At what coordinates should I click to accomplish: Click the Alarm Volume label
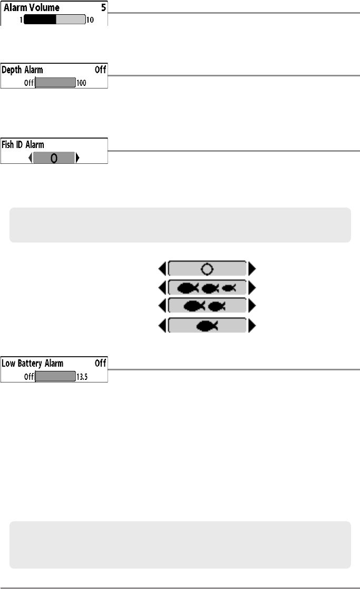pos(32,8)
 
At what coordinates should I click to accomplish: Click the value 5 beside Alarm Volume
pos(103,8)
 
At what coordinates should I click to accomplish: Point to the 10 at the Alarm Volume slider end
pos(90,21)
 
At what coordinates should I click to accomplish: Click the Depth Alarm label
pos(23,70)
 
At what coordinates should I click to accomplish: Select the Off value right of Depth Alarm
pos(100,70)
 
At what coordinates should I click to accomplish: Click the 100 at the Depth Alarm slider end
pos(81,83)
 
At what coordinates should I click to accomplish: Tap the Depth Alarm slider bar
pos(55,83)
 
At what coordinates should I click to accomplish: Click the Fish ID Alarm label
pos(22,144)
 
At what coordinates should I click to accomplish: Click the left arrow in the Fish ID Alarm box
pos(30,158)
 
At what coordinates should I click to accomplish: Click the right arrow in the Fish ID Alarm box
pos(78,158)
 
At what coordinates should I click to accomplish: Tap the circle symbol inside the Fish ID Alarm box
pos(54,158)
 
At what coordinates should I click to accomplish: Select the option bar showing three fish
pos(207,288)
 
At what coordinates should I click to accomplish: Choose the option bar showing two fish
pos(207,306)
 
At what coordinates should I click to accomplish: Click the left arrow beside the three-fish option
pos(162,288)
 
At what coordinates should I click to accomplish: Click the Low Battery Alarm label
pos(32,363)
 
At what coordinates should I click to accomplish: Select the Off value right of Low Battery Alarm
pos(100,363)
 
